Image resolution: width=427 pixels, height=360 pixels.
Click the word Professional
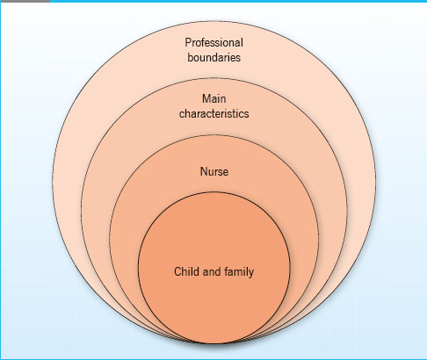[x=213, y=43]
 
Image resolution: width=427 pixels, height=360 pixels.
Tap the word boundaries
[x=213, y=57]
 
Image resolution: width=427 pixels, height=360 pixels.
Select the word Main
[x=214, y=98]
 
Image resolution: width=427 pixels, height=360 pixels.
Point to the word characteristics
[x=214, y=113]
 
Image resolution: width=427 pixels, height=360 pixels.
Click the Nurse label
[x=214, y=171]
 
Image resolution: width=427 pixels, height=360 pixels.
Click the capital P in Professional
[x=188, y=42]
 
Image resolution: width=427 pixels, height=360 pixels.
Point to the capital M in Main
[x=206, y=98]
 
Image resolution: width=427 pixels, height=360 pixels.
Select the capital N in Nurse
[x=204, y=171]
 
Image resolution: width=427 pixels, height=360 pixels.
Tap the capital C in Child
[x=178, y=271]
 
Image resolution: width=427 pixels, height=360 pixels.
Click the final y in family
[x=251, y=273]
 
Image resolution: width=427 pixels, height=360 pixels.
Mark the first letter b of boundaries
[x=191, y=57]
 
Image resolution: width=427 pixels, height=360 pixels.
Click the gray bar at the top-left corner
[x=25, y=1]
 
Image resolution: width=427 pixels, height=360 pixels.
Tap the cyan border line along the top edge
[x=239, y=1]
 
